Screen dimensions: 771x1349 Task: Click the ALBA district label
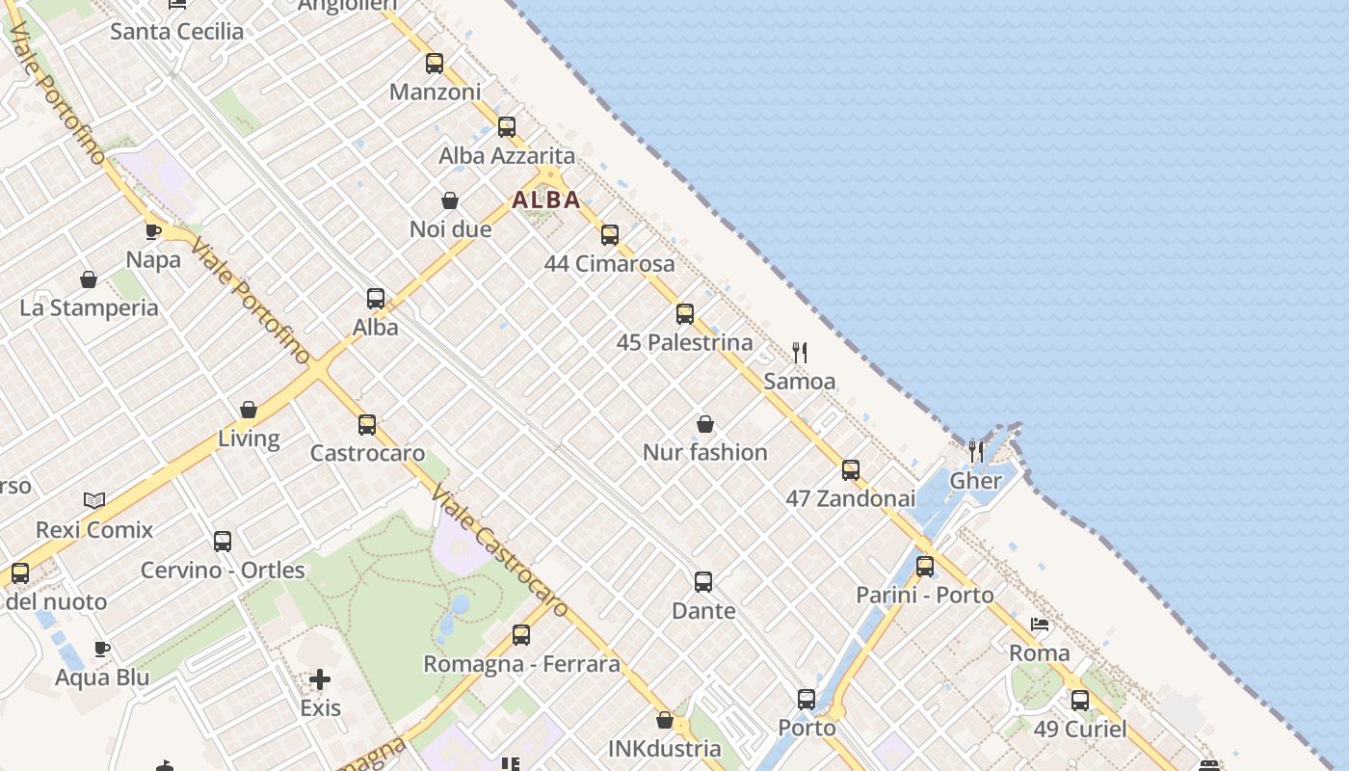pos(546,199)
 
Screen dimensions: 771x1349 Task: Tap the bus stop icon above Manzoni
pos(435,64)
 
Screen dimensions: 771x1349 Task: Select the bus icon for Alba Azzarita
pos(507,127)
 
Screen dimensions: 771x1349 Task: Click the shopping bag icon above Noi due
pos(450,200)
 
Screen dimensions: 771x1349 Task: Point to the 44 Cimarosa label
pos(610,263)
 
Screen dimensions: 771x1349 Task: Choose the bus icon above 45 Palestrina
pos(685,314)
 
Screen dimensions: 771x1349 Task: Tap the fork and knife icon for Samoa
pos(800,352)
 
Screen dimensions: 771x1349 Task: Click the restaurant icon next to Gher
pos(976,451)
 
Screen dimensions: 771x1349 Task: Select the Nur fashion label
pos(705,452)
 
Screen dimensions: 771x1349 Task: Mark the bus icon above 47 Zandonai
pos(851,470)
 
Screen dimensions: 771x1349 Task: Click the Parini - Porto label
pos(925,596)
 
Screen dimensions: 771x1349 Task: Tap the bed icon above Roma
pos(1040,625)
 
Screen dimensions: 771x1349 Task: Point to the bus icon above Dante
pos(703,582)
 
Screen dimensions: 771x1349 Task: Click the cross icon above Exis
pos(320,679)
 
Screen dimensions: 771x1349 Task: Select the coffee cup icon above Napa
pos(153,231)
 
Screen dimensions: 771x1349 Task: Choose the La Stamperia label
pos(89,308)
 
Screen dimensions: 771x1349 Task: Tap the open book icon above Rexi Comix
pos(94,500)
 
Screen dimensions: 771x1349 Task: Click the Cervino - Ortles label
pos(223,571)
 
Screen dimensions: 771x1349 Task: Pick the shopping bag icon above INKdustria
pos(665,720)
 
